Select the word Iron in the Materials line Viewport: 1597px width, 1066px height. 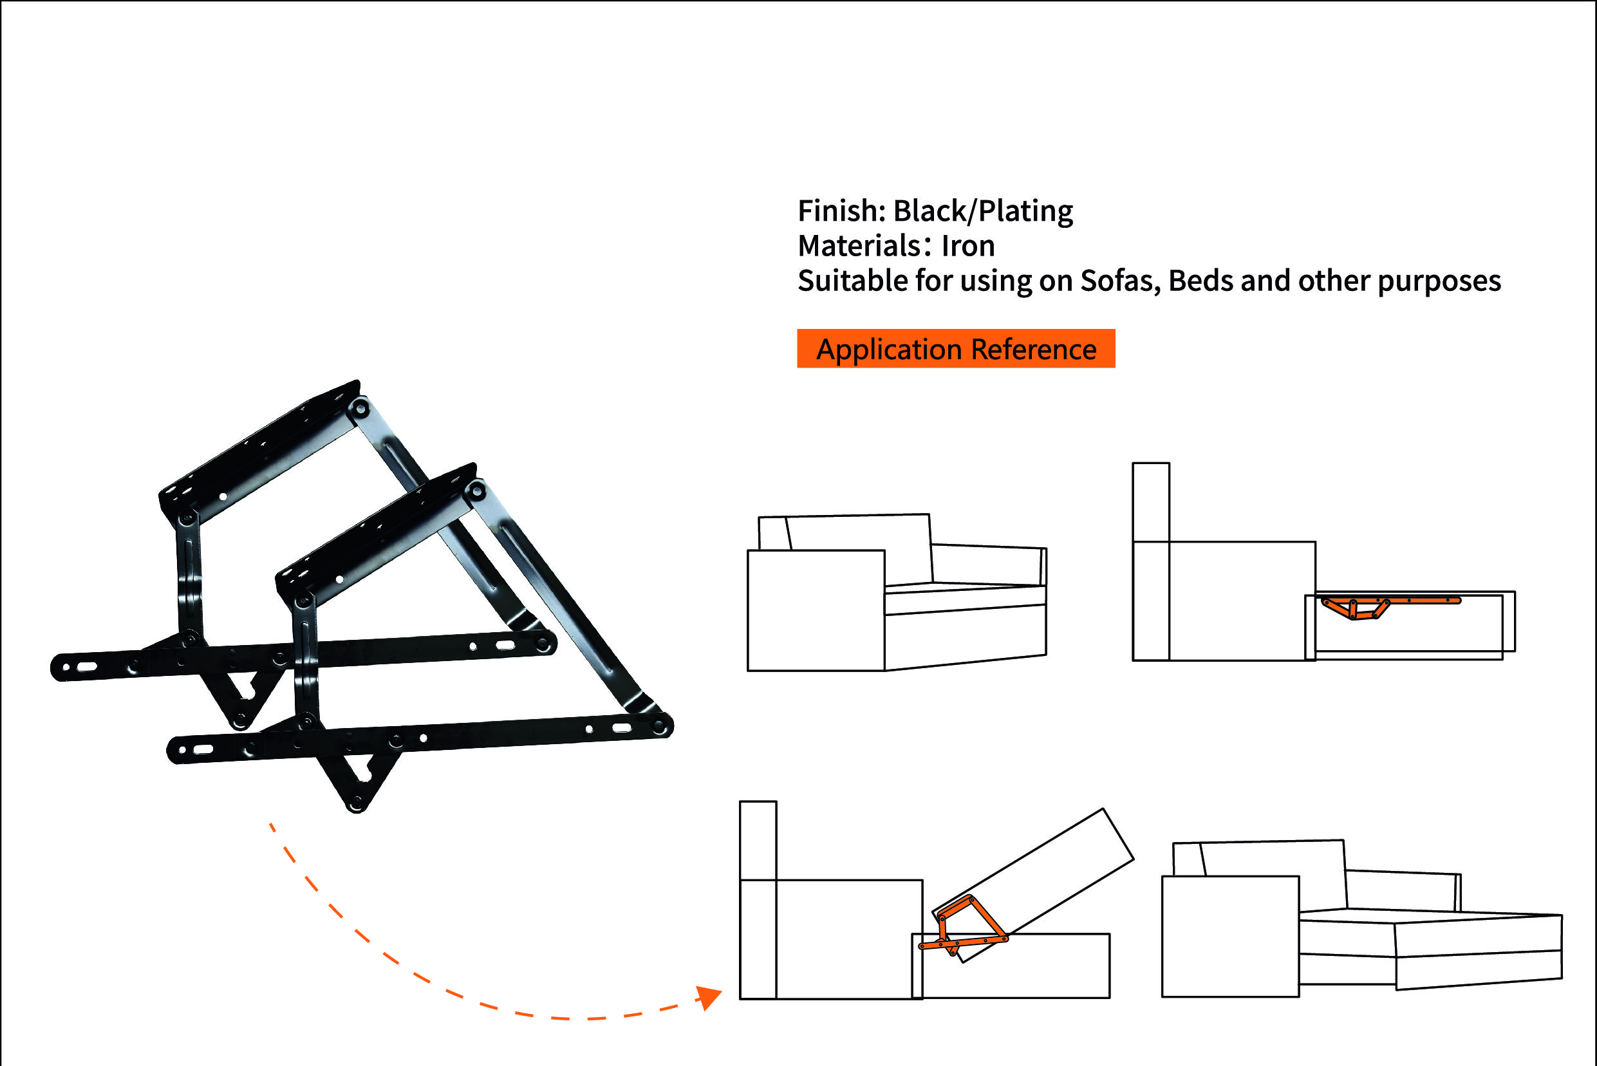pos(968,245)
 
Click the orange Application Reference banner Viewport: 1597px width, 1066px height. pos(956,349)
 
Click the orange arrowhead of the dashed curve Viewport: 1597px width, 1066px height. pos(709,997)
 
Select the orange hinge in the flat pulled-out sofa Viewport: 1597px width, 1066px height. pos(1391,607)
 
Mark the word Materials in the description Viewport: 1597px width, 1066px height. pos(859,245)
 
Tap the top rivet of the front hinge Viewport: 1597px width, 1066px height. pos(475,489)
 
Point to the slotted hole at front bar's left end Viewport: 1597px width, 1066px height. pos(203,750)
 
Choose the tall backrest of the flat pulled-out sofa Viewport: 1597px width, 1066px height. pos(1151,561)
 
